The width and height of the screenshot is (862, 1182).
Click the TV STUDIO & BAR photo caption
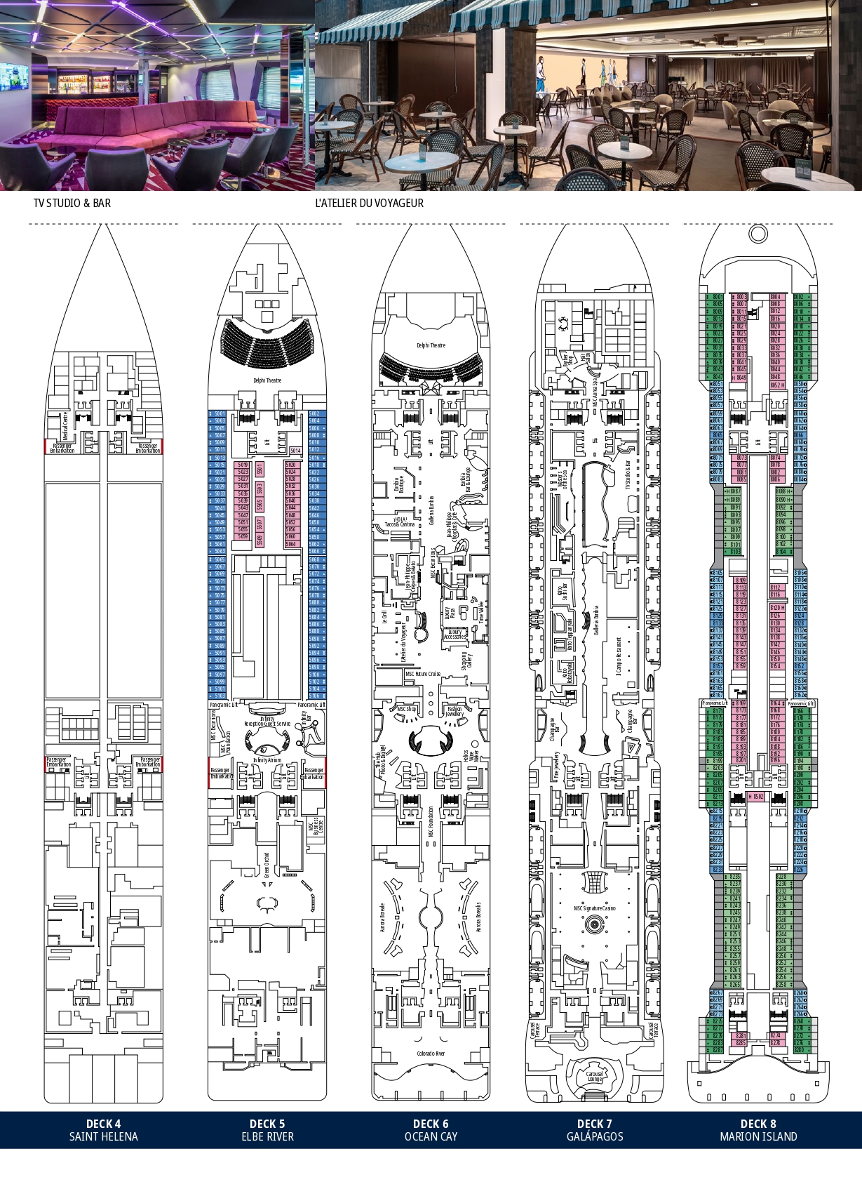[x=72, y=203]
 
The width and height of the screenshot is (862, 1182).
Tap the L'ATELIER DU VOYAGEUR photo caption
[x=369, y=203]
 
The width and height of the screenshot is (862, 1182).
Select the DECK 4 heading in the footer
[x=103, y=1123]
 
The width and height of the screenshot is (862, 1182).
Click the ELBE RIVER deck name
[x=267, y=1136]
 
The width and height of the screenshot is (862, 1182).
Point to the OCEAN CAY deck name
[x=431, y=1136]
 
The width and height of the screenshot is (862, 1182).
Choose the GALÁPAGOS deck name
[x=595, y=1136]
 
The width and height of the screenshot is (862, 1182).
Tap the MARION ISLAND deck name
[x=758, y=1136]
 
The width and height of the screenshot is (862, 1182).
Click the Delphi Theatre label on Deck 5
[x=267, y=380]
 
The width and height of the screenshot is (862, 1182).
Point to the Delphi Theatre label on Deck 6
[x=431, y=345]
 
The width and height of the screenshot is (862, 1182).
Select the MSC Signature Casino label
[x=595, y=908]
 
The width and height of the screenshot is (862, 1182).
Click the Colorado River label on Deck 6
[x=431, y=1054]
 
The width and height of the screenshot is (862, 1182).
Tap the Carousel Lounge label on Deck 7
[x=595, y=1076]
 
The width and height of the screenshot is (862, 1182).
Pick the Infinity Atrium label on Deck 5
[x=267, y=760]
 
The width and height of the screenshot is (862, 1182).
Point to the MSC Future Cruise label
[x=423, y=674]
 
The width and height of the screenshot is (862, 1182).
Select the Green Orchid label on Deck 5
[x=267, y=865]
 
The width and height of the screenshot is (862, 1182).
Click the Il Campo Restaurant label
[x=618, y=656]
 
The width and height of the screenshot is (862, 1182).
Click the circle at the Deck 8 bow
[x=758, y=233]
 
